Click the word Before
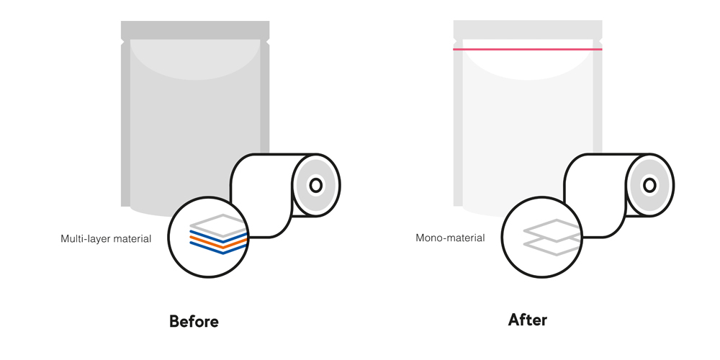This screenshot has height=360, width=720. (x=194, y=320)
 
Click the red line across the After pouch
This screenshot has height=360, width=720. (x=527, y=49)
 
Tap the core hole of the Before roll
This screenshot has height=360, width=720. (x=315, y=185)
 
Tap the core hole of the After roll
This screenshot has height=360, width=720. (x=649, y=185)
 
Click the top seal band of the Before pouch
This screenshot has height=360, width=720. (x=195, y=30)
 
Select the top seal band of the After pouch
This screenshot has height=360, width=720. (x=527, y=30)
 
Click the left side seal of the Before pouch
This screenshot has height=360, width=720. (x=125, y=122)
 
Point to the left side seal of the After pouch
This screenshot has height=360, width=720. (x=457, y=122)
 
